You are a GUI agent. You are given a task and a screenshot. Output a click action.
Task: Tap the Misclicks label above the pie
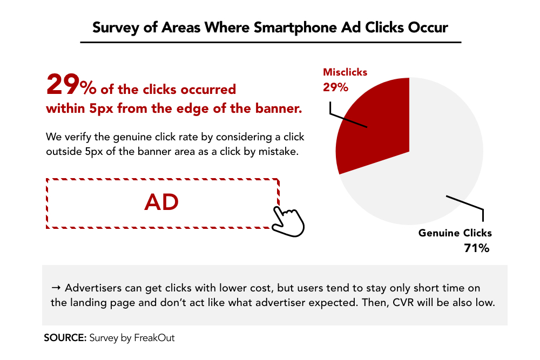point(345,72)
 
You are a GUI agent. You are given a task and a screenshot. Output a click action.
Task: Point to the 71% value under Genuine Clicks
point(477,248)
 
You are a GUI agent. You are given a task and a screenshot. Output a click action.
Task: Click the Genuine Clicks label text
point(455,233)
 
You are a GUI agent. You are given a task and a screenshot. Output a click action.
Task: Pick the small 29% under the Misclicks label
point(335,87)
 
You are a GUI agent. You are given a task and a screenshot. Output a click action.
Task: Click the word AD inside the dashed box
point(161,202)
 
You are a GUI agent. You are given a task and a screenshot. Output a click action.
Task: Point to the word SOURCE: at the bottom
point(65,338)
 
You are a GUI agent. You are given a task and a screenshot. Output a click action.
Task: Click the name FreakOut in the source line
point(154,338)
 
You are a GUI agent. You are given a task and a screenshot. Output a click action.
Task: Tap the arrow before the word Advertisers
point(56,288)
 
